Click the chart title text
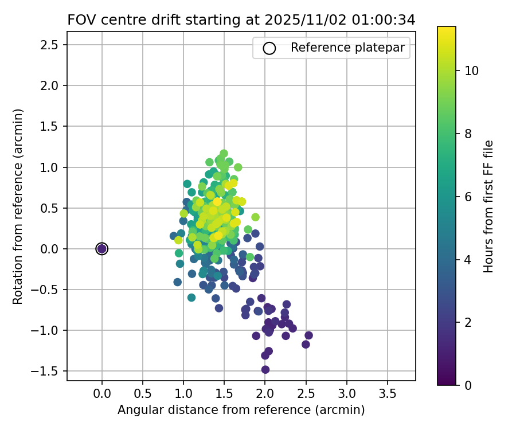(241, 19)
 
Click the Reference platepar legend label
(350, 48)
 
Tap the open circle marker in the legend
(269, 48)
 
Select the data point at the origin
(102, 248)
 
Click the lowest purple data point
(265, 369)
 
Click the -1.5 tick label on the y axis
(49, 371)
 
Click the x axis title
(241, 410)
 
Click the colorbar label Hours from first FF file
(488, 206)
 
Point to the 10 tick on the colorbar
(471, 71)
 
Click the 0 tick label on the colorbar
(468, 385)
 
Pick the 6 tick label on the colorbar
(468, 197)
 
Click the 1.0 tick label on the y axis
(52, 167)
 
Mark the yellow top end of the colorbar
(447, 29)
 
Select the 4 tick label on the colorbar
(468, 260)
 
